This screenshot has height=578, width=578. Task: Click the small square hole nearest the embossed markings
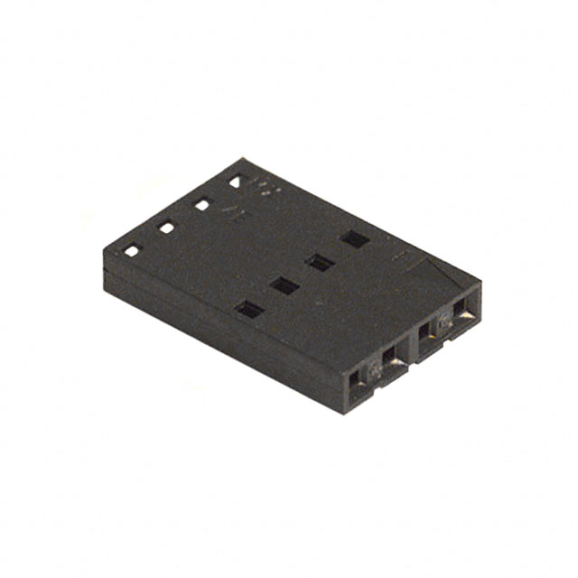(x=236, y=182)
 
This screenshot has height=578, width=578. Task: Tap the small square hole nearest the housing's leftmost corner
(x=132, y=251)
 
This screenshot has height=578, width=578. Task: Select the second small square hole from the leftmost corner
(x=167, y=228)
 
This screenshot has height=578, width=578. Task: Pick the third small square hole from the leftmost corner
(x=201, y=205)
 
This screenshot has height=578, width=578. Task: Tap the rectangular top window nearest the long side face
(x=249, y=310)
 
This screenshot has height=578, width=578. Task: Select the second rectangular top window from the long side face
(x=285, y=286)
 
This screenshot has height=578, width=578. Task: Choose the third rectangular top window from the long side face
(x=320, y=263)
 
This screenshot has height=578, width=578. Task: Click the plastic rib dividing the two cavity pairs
(x=412, y=347)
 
